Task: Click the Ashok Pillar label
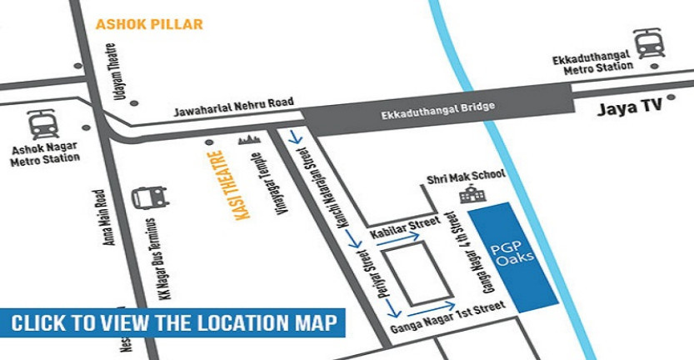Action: tap(149, 24)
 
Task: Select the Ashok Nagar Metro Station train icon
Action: tap(43, 126)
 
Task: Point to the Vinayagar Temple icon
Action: tap(250, 138)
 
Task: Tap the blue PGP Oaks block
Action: tap(512, 257)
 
